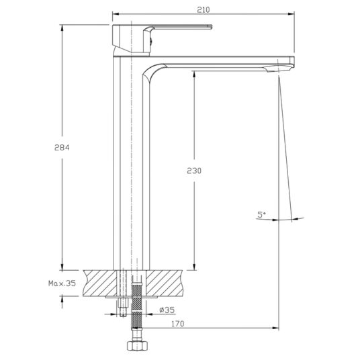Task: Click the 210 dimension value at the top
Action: (x=204, y=9)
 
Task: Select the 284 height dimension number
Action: (x=62, y=147)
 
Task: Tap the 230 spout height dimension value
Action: (x=194, y=171)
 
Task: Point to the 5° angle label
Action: (x=261, y=215)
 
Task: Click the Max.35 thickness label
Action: (x=62, y=283)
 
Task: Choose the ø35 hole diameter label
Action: (x=167, y=310)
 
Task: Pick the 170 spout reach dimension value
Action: (x=178, y=324)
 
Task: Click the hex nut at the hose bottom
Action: (x=137, y=346)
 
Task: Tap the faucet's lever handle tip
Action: (x=210, y=27)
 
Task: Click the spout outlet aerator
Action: (x=279, y=69)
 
